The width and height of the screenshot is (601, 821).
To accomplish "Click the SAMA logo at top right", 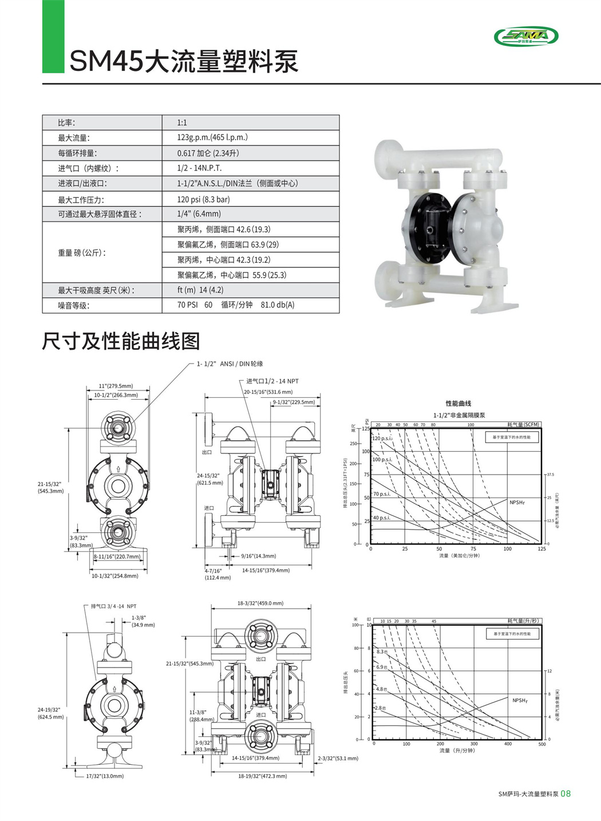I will (525, 36).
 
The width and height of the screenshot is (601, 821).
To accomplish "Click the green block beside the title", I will (53, 36).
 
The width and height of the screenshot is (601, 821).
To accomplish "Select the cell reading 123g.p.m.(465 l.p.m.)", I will (212, 137).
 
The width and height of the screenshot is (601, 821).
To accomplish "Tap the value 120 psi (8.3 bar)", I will (203, 199).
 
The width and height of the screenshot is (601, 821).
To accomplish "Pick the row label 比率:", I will (66, 123).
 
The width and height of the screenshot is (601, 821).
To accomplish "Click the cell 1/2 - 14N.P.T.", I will (199, 168).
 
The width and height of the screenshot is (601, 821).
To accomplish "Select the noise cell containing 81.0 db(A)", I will (278, 305).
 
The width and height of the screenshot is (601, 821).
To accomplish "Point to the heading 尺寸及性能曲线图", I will (121, 341).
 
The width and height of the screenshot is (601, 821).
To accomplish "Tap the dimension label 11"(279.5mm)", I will (116, 386).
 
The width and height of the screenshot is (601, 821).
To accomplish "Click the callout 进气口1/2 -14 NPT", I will (272, 381).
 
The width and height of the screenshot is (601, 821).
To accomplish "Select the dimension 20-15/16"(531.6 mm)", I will (268, 392).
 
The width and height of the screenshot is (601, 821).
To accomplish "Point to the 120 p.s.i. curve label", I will (382, 438).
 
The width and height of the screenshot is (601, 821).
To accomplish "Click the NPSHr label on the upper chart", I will (517, 502).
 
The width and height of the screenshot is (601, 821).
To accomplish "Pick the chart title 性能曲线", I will (458, 404).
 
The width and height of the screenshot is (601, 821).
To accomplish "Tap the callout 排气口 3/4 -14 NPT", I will (113, 606).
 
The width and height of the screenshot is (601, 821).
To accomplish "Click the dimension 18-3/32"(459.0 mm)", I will (260, 603).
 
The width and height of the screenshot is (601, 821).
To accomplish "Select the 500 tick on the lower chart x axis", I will (542, 744).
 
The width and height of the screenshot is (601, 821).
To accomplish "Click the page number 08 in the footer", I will (566, 794).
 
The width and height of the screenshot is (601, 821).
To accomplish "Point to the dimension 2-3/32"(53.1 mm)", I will (338, 759).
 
